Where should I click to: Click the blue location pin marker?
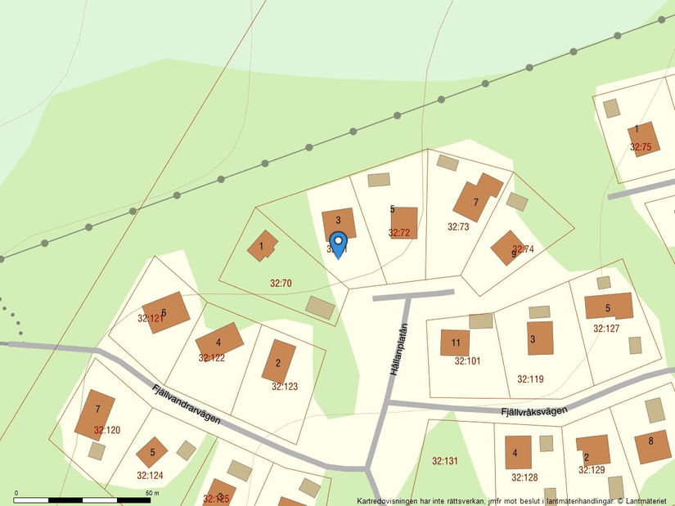tap(337, 244)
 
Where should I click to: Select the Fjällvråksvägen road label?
tap(533, 411)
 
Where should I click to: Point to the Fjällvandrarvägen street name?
tap(186, 403)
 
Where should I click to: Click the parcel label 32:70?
tap(281, 283)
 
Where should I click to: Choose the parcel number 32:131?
tap(444, 461)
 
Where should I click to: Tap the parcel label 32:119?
tap(530, 379)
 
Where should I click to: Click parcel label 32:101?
tap(467, 360)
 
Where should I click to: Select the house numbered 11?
tap(455, 343)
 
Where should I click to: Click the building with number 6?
tap(166, 312)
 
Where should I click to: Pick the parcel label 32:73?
tap(458, 226)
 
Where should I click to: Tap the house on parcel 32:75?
tap(643, 137)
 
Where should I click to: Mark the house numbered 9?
tap(507, 247)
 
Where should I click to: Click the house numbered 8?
tap(652, 446)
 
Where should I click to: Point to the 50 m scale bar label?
tap(152, 493)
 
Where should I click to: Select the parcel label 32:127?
tap(606, 329)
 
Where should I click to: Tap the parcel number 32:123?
tap(285, 387)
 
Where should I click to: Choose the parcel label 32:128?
tap(524, 477)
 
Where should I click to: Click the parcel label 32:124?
tap(150, 475)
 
